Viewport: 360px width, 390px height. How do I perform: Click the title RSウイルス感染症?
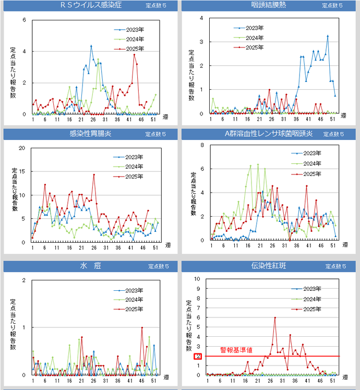coord(91,5)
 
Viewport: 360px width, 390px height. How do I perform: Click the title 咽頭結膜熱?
coord(268,5)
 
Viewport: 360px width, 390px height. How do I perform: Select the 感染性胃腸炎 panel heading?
coord(90,134)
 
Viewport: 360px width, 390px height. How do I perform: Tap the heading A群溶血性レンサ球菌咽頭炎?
coord(268,134)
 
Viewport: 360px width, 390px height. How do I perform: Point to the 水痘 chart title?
coord(87,266)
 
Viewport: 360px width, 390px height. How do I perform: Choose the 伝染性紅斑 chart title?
coord(268,266)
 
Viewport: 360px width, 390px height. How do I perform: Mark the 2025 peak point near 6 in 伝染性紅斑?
coord(275,318)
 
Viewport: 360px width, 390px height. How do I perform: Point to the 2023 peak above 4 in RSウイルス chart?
coord(91,46)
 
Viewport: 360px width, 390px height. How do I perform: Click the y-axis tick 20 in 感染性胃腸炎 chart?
coord(21,148)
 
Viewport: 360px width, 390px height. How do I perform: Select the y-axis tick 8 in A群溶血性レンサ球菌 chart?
coord(201,145)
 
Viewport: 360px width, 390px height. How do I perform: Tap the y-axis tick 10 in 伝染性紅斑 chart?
coord(197,279)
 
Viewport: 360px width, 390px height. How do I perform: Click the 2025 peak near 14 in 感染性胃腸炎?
coord(94,175)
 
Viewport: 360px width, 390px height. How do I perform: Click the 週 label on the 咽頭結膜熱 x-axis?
coord(343,116)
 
